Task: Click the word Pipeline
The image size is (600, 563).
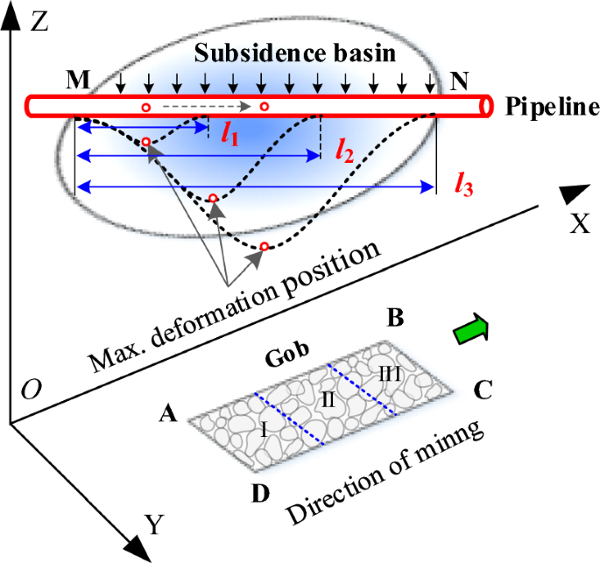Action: click(x=547, y=106)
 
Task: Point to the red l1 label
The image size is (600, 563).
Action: click(x=229, y=135)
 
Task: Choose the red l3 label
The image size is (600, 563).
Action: click(x=462, y=185)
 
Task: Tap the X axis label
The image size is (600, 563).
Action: click(x=578, y=225)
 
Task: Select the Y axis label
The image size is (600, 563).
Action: click(x=154, y=525)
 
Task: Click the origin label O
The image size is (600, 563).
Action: click(x=29, y=389)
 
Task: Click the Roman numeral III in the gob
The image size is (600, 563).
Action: click(x=386, y=373)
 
